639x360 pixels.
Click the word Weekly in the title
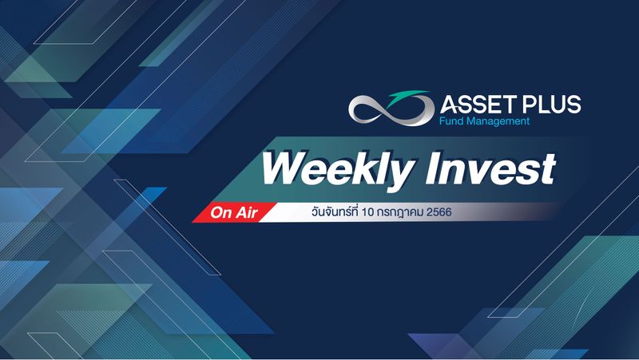pyautogui.click(x=322, y=170)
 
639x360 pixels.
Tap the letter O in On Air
pyautogui.click(x=216, y=212)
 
